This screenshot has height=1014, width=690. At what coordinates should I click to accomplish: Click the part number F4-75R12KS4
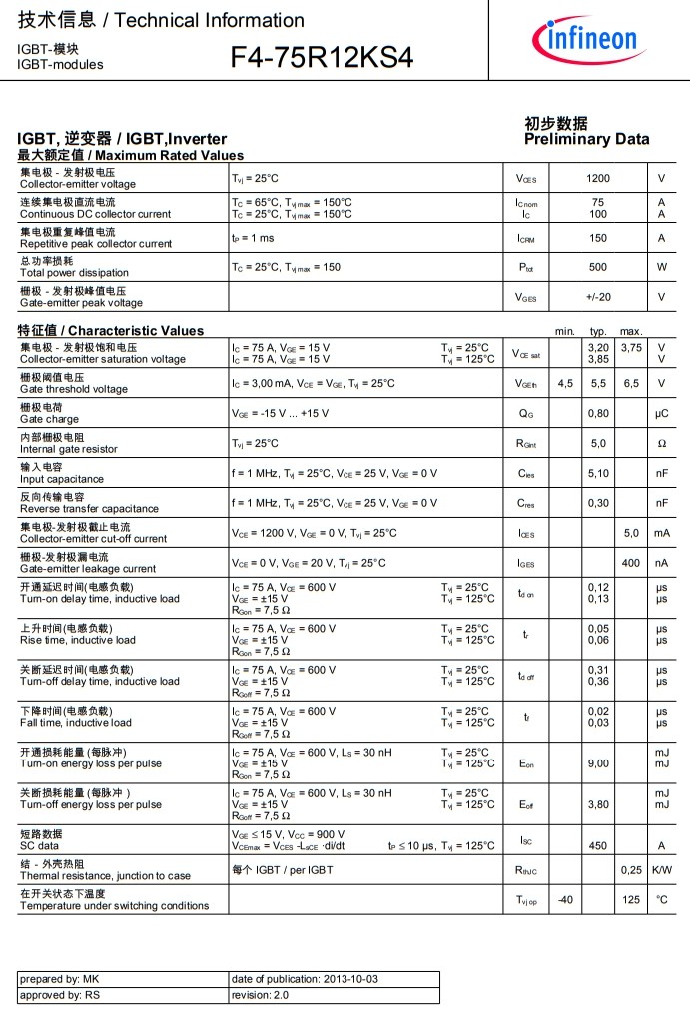(321, 58)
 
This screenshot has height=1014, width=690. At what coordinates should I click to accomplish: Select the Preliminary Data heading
(586, 139)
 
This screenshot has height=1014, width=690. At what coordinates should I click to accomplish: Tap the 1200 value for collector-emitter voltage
(598, 178)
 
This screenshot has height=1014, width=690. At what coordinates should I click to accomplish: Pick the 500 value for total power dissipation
(598, 267)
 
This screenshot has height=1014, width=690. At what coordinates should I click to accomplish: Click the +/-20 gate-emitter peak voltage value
(598, 297)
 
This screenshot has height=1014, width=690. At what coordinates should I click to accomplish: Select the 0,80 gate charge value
(598, 413)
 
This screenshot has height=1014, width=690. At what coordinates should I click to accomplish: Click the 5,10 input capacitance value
(598, 473)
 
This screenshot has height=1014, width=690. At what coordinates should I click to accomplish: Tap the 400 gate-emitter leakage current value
(631, 563)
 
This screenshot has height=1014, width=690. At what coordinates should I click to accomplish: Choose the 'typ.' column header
(598, 331)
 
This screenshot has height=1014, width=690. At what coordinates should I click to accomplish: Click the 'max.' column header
(631, 331)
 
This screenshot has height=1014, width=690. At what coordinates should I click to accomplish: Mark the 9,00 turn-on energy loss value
(598, 763)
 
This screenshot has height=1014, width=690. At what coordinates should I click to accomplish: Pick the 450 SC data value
(598, 845)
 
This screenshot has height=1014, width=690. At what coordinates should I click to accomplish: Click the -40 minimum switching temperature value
(565, 899)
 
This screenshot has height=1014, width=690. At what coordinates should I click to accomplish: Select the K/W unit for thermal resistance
(661, 870)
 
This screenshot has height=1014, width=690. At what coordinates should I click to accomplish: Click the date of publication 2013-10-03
(305, 980)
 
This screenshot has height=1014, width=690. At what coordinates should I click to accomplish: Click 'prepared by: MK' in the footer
(60, 980)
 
